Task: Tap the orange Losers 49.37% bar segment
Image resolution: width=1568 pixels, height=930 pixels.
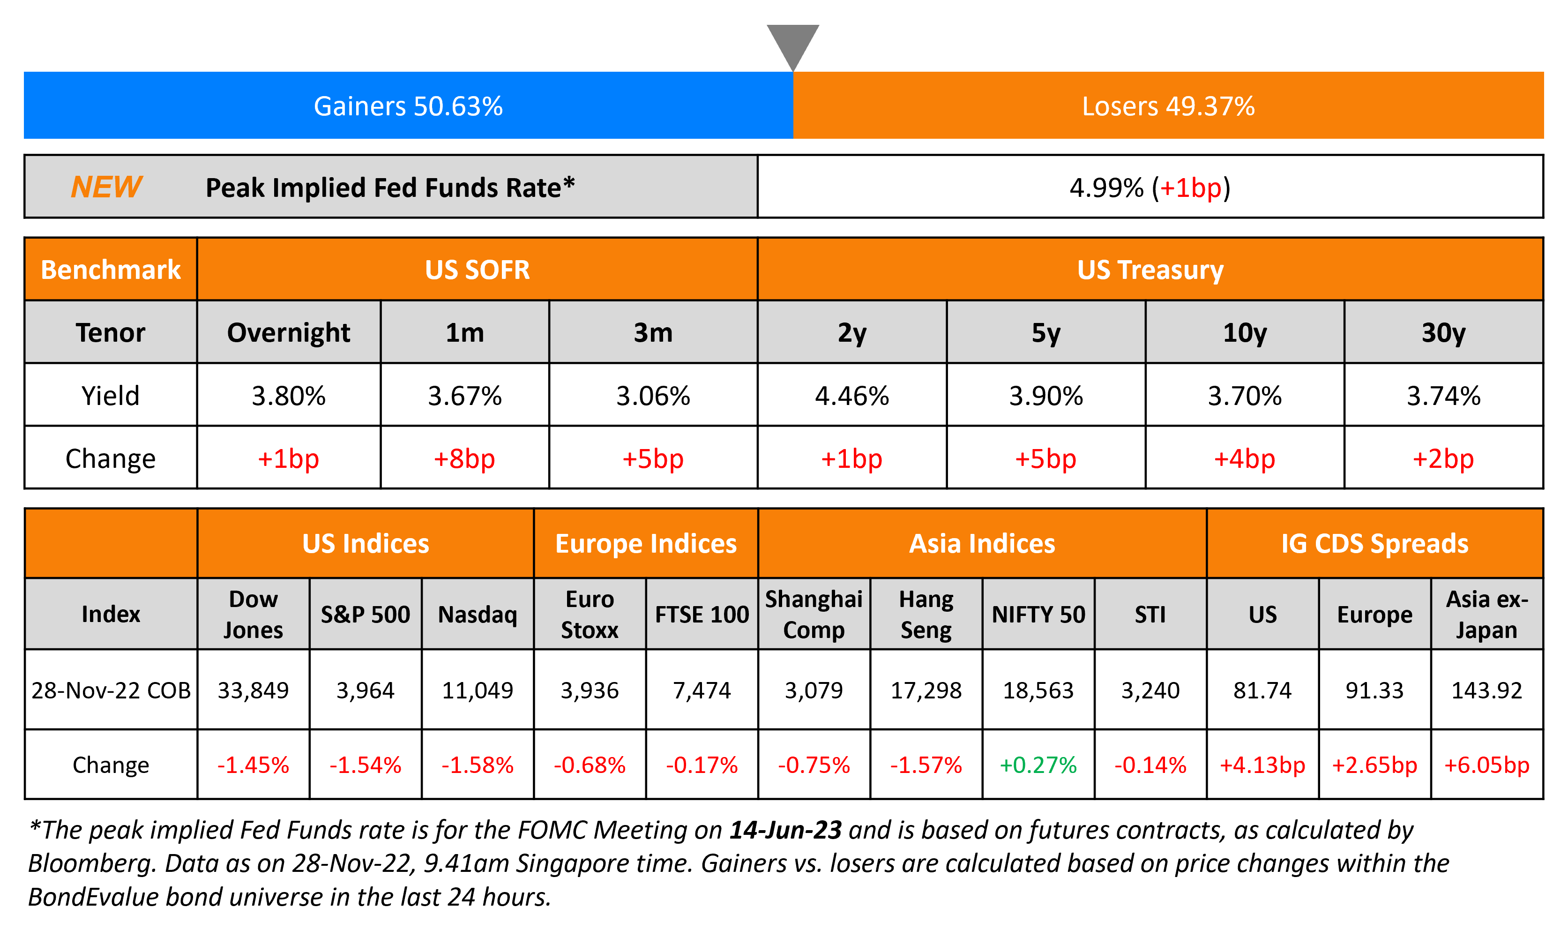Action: [x=1168, y=105]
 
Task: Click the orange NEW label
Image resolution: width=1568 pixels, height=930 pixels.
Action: [x=106, y=187]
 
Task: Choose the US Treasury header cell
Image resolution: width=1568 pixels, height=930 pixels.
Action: [x=1150, y=270]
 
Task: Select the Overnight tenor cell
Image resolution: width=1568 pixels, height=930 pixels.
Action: [x=288, y=332]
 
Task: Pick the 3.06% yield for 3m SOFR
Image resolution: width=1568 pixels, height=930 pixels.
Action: [x=653, y=396]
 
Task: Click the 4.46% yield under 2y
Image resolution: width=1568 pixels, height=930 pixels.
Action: [x=851, y=396]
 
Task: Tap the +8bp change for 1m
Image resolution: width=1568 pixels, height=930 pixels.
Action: [x=464, y=458]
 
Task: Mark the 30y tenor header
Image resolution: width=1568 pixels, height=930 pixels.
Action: [x=1443, y=332]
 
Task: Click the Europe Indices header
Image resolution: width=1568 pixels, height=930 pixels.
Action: [x=645, y=543]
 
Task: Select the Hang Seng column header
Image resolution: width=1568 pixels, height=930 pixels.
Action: [x=926, y=614]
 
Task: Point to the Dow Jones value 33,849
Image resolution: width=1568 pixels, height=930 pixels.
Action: [x=253, y=690]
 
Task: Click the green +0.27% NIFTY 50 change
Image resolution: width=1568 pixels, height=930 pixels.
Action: [x=1038, y=765]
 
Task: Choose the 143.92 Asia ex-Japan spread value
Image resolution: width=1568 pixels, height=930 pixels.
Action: [x=1486, y=690]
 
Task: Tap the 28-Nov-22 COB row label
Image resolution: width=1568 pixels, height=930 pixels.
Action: [x=111, y=690]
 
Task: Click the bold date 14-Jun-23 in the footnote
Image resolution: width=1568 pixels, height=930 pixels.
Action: [x=785, y=830]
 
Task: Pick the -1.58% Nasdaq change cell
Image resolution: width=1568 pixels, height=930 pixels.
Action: [x=478, y=765]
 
